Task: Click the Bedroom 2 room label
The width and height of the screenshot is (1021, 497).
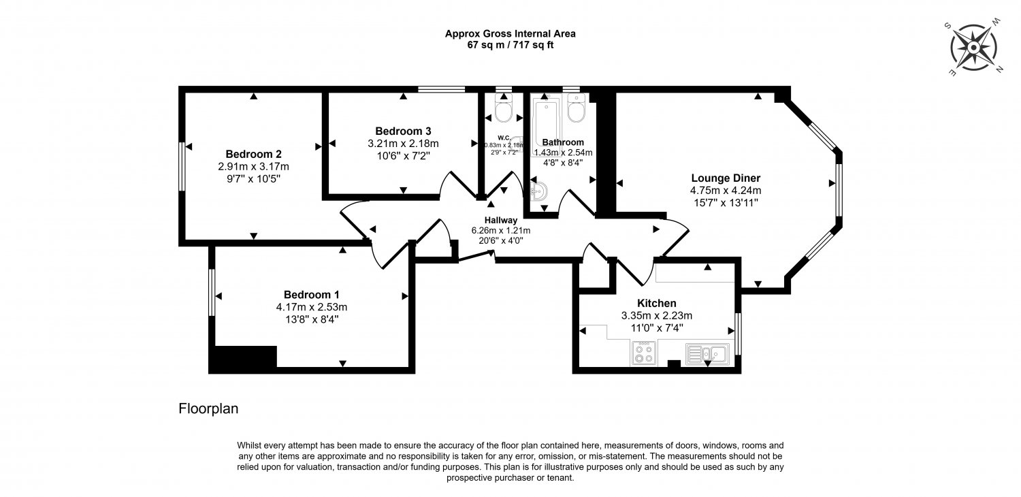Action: [253, 154]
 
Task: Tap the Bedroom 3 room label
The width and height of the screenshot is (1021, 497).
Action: [403, 131]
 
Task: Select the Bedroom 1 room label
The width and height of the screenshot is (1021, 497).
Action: [311, 295]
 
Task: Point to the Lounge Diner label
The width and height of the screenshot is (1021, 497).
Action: [726, 178]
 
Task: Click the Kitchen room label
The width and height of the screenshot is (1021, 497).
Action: [656, 303]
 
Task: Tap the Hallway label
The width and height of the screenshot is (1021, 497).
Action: [500, 220]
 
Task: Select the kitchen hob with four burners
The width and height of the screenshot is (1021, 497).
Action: [644, 353]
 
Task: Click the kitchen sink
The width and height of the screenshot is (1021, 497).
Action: [707, 354]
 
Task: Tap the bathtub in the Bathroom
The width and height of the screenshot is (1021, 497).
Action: [546, 124]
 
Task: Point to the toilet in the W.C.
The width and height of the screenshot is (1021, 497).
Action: [504, 108]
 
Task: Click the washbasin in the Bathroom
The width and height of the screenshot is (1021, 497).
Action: [538, 191]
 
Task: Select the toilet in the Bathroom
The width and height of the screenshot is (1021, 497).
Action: [577, 108]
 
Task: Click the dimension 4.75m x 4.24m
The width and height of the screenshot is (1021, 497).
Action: [726, 191]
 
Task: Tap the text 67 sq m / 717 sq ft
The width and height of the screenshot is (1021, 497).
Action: [510, 45]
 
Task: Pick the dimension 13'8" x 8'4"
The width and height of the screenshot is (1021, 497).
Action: [312, 319]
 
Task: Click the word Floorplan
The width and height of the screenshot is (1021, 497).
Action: [208, 408]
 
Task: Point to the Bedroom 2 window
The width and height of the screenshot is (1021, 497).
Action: [182, 166]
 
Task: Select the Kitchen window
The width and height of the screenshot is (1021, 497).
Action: [738, 334]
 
